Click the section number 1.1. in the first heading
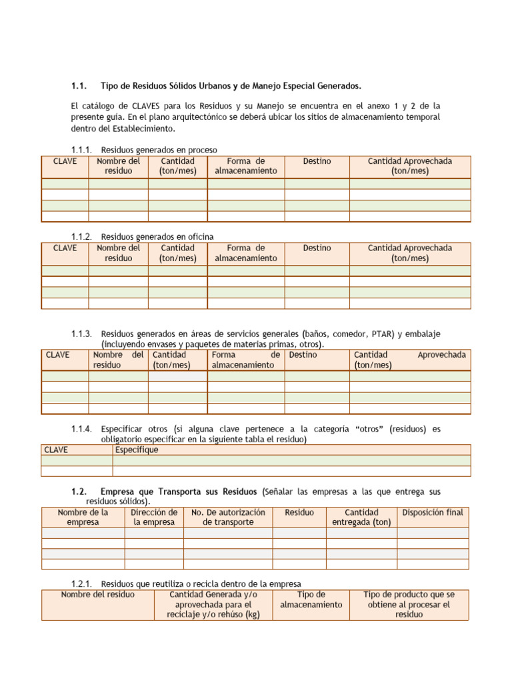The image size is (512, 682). pos(79,86)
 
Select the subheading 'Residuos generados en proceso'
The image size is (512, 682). pos(159,150)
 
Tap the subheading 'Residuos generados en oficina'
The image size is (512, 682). pos(157,236)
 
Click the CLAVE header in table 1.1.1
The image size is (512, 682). pos(65,161)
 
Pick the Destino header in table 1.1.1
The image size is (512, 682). pos(317,161)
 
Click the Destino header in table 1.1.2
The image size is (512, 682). pos(317,248)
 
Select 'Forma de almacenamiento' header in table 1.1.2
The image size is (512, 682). pos(245,253)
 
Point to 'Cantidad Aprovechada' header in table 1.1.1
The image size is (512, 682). pos(410,166)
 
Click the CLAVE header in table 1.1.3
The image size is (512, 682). pos(58,355)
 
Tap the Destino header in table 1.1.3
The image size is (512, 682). pos(303,355)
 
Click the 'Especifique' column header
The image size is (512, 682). pos(137,450)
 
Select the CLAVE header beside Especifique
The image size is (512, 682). pos(57,450)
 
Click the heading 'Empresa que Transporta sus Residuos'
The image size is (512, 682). pos(178,492)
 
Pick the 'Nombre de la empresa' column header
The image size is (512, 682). pos(83,517)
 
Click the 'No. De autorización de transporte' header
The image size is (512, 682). pos(228,517)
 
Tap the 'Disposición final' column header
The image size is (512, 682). pos(433,512)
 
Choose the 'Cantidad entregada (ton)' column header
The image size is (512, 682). pos(361,517)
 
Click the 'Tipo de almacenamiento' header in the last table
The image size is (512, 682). pos(311,599)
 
